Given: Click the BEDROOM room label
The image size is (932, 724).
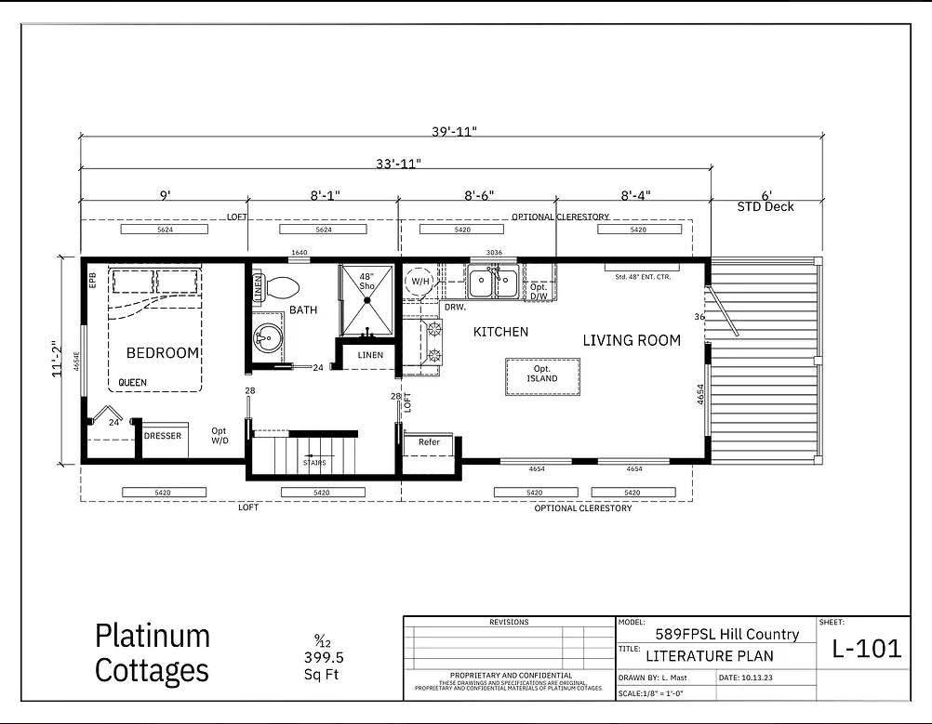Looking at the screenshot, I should click(163, 352).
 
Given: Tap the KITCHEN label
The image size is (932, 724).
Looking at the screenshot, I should click(500, 332).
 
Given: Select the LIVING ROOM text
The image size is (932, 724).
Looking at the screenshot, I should click(632, 340).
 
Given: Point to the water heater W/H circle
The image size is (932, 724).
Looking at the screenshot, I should click(420, 281).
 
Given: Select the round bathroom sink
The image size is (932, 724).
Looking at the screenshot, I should click(268, 339).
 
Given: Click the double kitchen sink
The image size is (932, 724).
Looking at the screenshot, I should click(493, 282).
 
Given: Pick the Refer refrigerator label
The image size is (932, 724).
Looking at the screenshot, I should click(429, 442).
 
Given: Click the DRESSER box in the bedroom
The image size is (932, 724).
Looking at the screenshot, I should click(163, 436).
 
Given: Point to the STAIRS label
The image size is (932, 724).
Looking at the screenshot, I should click(313, 461).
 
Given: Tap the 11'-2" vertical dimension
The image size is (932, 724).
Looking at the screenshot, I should click(59, 358).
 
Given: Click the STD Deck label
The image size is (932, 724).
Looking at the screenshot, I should click(766, 206).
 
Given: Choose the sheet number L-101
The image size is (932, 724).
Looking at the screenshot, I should click(864, 649).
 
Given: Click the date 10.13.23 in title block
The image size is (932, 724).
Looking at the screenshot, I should click(759, 678).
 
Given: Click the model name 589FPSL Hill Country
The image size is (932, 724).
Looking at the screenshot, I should click(726, 634).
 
